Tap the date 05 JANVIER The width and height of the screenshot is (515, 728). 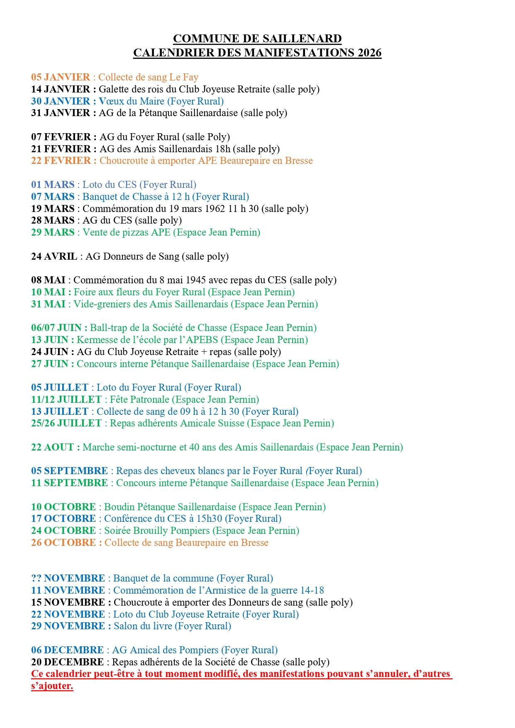61,77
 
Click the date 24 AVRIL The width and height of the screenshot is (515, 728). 54,256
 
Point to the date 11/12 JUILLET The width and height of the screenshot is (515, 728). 66,399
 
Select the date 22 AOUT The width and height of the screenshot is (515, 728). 52,447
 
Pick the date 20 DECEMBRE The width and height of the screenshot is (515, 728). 68,662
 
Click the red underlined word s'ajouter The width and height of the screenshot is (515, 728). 52,686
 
